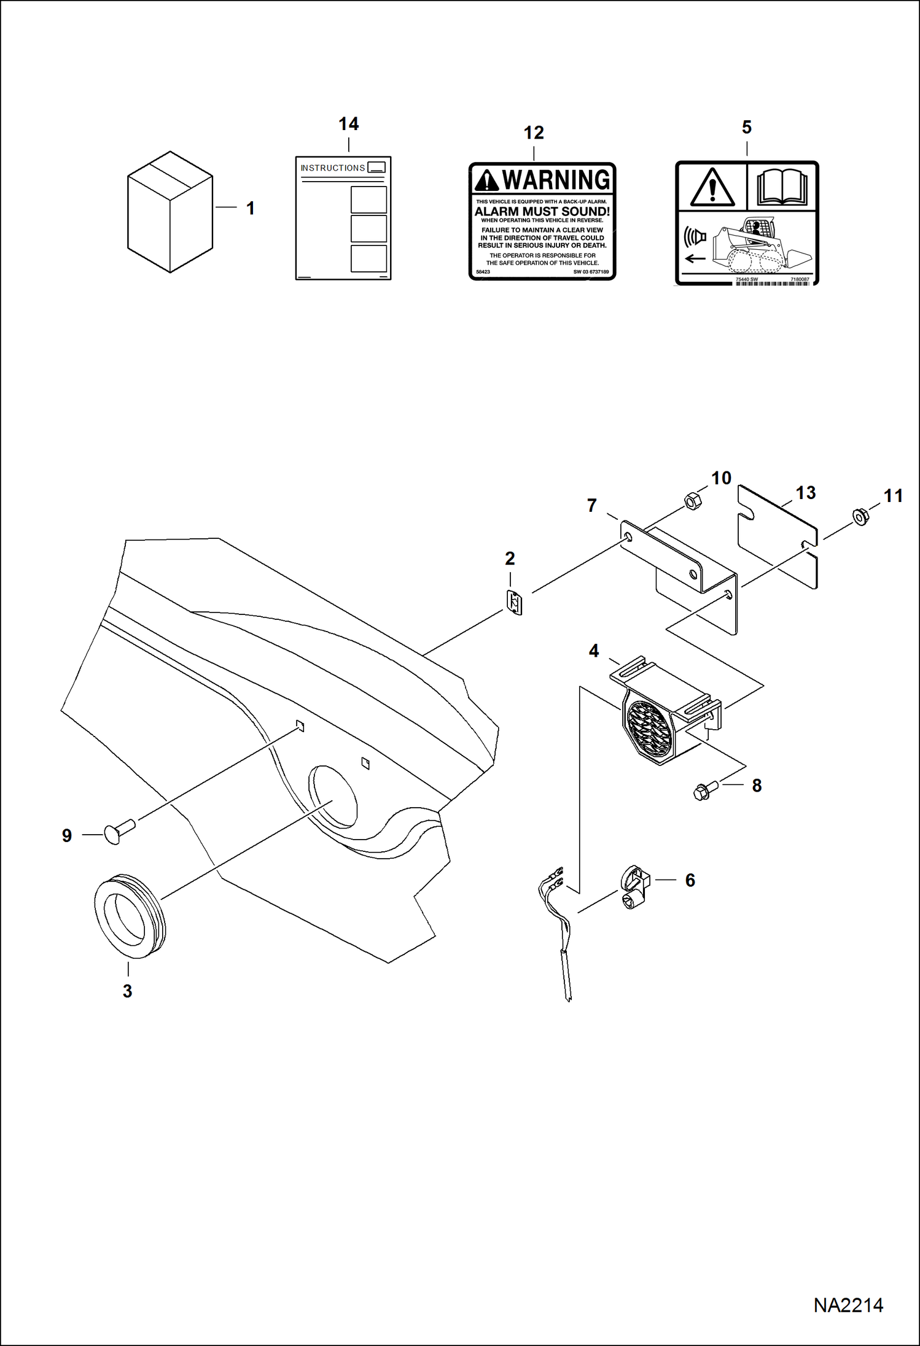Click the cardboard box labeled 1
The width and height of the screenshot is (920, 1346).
(170, 212)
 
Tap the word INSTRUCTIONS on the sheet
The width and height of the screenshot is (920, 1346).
(332, 168)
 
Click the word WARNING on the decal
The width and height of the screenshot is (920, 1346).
(555, 180)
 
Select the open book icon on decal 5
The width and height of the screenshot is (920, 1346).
(781, 187)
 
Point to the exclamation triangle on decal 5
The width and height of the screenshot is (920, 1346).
(712, 187)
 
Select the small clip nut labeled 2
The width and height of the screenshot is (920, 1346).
(514, 603)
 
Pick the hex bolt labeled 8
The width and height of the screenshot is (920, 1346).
(704, 791)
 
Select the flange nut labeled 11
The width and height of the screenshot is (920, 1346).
(860, 517)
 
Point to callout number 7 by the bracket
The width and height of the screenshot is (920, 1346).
(591, 505)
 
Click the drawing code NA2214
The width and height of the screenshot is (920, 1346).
(848, 1305)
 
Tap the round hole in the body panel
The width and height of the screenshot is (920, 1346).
(333, 796)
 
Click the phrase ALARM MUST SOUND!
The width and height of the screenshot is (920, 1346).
(542, 212)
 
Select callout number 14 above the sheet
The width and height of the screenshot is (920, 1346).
(348, 124)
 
